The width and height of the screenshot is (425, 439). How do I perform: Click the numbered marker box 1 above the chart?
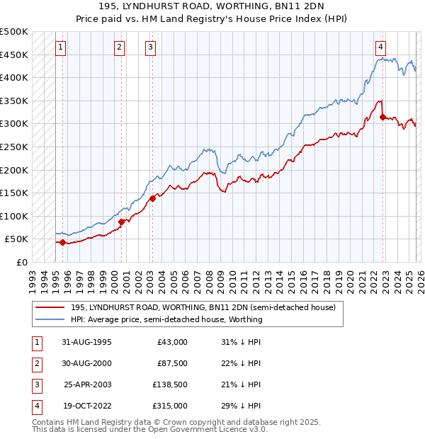tap(61, 47)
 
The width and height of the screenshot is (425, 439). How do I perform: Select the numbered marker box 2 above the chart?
tap(120, 47)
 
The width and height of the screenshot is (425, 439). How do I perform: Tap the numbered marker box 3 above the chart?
tap(151, 47)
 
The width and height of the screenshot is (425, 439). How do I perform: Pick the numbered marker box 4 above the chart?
tap(381, 47)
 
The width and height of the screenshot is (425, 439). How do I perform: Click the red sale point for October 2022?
tap(382, 117)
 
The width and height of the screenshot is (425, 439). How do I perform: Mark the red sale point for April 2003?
tap(152, 198)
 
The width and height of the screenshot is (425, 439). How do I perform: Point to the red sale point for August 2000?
tap(121, 222)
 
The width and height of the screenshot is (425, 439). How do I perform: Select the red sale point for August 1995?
tap(62, 242)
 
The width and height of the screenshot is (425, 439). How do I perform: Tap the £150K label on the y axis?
tap(15, 193)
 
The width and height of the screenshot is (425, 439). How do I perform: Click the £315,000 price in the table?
tap(170, 406)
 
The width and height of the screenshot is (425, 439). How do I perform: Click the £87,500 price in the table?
tap(172, 363)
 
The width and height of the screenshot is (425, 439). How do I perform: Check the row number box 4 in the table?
tap(35, 406)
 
